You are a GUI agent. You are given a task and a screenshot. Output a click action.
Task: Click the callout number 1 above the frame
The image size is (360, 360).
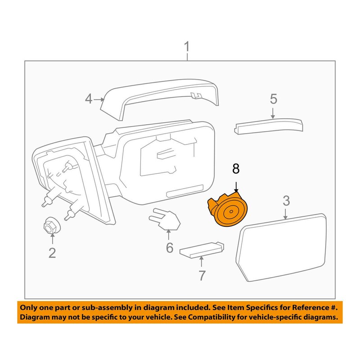pyautogui.click(x=187, y=47)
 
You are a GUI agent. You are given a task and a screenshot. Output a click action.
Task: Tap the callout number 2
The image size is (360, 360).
pyautogui.click(x=52, y=253)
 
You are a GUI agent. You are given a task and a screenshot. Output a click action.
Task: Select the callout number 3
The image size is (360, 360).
pyautogui.click(x=286, y=201)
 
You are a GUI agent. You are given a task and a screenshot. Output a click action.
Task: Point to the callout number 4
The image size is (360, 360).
pyautogui.click(x=89, y=99)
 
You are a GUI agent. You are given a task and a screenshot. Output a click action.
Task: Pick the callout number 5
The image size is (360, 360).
pyautogui.click(x=274, y=99)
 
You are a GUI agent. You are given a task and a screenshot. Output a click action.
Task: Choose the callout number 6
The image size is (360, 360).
pyautogui.click(x=170, y=248)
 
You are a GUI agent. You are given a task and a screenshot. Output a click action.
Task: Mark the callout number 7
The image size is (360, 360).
pyautogui.click(x=202, y=275)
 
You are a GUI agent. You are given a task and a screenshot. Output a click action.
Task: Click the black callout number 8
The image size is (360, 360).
pyautogui.click(x=236, y=169)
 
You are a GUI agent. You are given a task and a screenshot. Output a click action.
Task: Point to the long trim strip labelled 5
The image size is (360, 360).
pyautogui.click(x=269, y=126)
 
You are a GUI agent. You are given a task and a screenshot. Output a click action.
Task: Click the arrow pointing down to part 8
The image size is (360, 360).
pyautogui.click(x=236, y=186)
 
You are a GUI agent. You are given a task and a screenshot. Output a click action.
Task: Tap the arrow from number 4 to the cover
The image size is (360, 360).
pyautogui.click(x=99, y=99)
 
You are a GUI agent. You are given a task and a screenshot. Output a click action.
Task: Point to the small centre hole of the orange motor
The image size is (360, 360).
pyautogui.click(x=231, y=211)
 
